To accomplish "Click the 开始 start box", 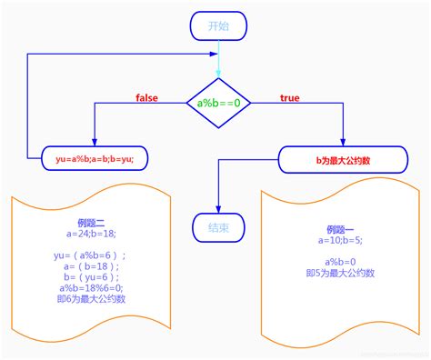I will (x=218, y=25).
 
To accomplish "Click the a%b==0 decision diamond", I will (x=218, y=103).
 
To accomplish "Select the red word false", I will (x=148, y=97).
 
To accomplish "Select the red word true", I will (x=289, y=97).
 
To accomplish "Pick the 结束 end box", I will (x=218, y=228).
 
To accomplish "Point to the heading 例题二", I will (x=95, y=223).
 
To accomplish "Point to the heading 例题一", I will (x=341, y=229).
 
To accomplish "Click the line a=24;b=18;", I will (x=95, y=234).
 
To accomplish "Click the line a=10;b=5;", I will (x=341, y=240).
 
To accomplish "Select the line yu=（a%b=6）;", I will (x=95, y=255).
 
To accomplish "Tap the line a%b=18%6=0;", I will (x=95, y=288).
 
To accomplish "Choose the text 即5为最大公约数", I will (x=341, y=273).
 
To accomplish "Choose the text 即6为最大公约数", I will (x=95, y=299).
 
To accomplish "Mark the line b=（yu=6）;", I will (x=95, y=277).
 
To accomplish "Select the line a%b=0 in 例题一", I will (x=341, y=262).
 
